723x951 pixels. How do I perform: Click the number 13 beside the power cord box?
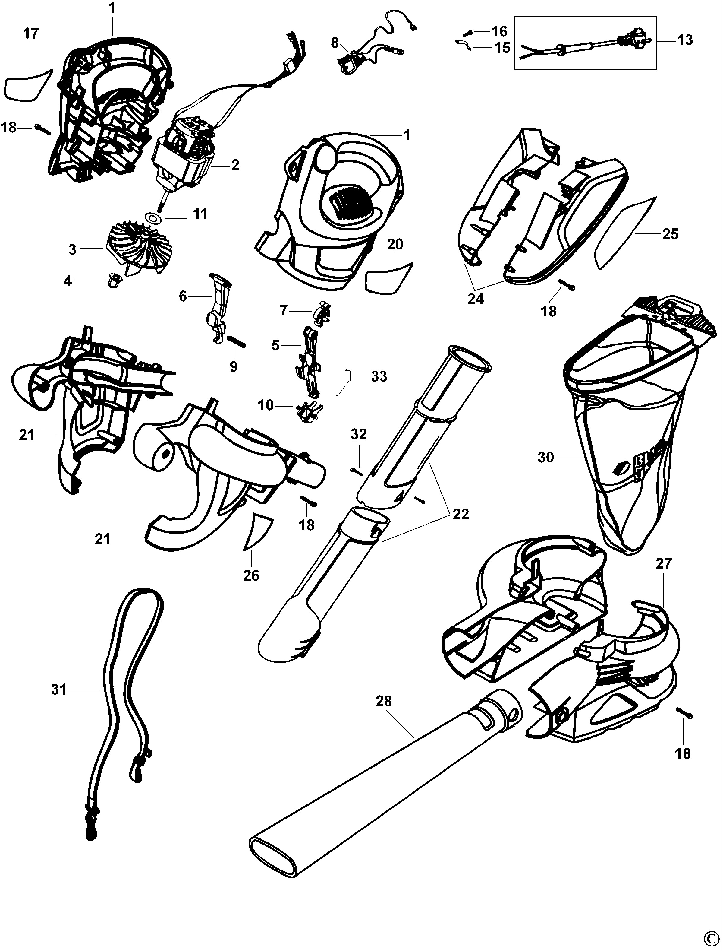[685, 40]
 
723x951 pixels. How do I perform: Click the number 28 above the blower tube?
[384, 702]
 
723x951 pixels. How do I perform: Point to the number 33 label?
[379, 376]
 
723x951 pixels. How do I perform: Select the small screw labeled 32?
[357, 471]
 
